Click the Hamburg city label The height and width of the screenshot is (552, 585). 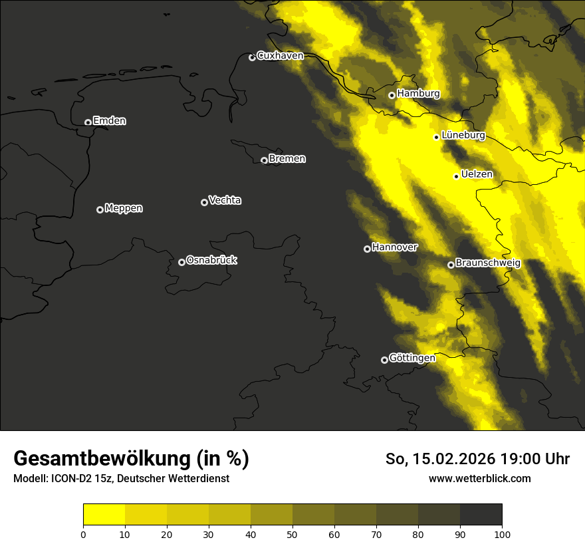(418, 94)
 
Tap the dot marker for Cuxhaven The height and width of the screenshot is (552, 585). (252, 57)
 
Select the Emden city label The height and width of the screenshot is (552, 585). (109, 121)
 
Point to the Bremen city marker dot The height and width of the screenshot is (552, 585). (264, 160)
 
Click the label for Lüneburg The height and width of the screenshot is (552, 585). (463, 135)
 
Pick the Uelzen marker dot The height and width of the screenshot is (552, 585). (456, 176)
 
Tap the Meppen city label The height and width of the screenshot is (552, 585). (124, 208)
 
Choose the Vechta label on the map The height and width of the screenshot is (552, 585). (225, 200)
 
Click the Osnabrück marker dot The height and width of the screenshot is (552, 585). (181, 262)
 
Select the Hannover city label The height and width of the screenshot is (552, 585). (394, 247)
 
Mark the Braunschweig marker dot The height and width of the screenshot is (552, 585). (451, 265)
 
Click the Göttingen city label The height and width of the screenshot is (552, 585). (411, 358)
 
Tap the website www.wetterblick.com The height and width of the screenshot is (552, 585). (479, 478)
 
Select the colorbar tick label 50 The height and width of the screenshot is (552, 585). (292, 533)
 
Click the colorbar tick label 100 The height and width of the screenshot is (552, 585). (502, 533)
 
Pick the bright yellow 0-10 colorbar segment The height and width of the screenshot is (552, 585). (104, 514)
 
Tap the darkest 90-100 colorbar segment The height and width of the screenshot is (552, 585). (481, 514)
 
